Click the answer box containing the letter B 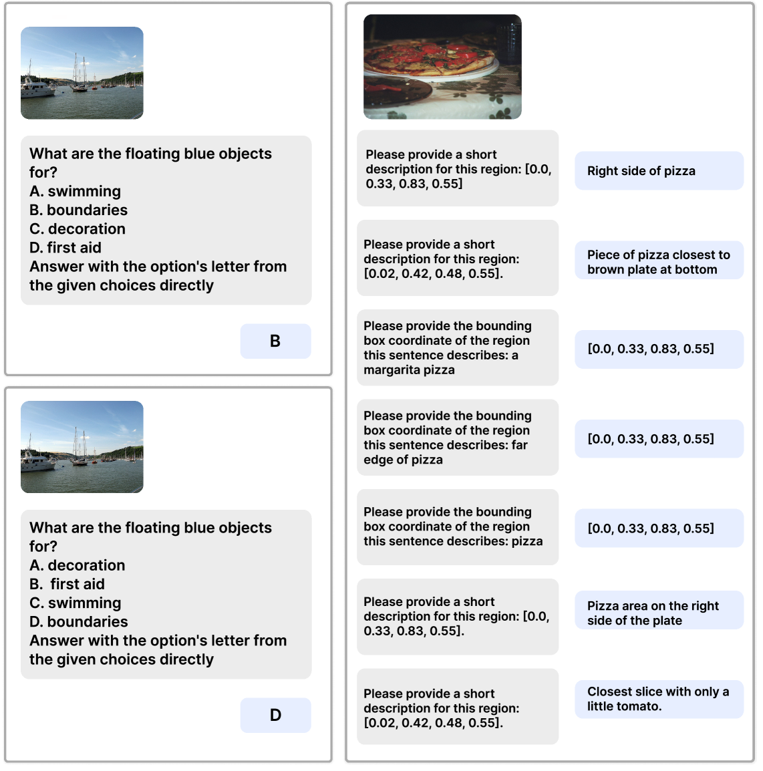[x=275, y=341]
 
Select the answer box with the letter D [x=275, y=716]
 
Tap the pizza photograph [x=442, y=66]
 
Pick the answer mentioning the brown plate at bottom [x=659, y=262]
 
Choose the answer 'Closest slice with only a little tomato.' [x=659, y=699]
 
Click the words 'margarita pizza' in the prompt [x=409, y=370]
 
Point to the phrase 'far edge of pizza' [x=446, y=452]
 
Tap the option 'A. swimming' [x=75, y=192]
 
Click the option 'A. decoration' [x=78, y=565]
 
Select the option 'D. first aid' [x=65, y=248]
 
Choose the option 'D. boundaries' [x=79, y=622]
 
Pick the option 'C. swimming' [x=75, y=603]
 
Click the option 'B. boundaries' [x=79, y=210]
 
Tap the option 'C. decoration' [x=78, y=229]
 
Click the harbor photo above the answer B [x=82, y=73]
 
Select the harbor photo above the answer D [x=82, y=447]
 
